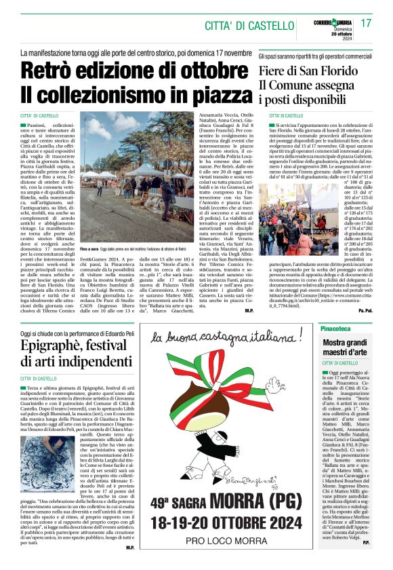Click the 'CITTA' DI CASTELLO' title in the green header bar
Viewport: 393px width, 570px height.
point(241,24)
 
